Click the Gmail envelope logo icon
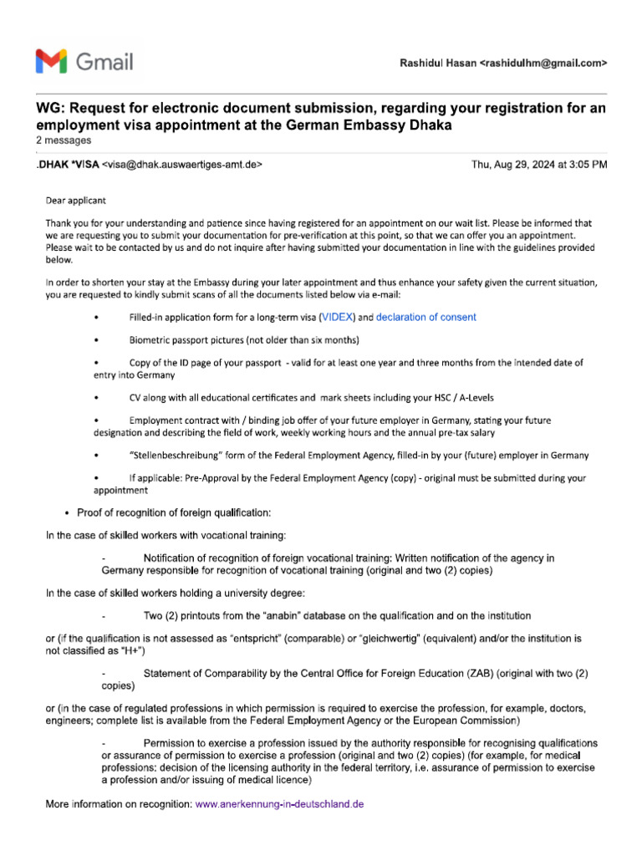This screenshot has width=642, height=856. pos(52,61)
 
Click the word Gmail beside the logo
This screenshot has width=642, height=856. pos(104,62)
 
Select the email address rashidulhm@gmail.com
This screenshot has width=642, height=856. pos(543,63)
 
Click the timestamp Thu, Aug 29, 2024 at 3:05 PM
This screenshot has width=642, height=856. pos(539,165)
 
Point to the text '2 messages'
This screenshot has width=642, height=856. pos(64,140)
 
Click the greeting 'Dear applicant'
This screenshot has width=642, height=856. pos(75,201)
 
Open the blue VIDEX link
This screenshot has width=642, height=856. pos(339,317)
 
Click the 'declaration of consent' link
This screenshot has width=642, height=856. pos(426,317)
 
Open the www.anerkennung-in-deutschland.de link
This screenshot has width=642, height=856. pos(279,804)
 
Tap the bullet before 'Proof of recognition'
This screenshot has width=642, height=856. pos(67,512)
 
